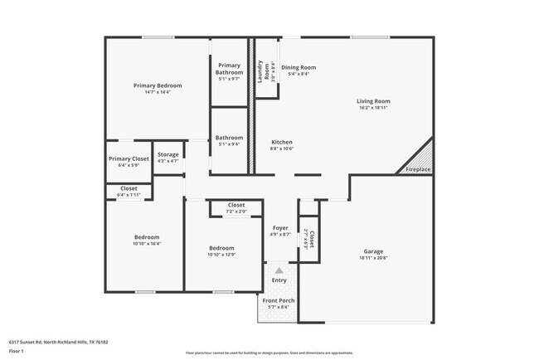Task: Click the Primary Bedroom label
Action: point(158,85)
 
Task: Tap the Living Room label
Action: point(374,101)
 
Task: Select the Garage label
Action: point(373,251)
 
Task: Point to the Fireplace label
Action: point(418,169)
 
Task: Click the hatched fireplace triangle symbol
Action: point(422,156)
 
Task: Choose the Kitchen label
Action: point(282,142)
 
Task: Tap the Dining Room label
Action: point(299,67)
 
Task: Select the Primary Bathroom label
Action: point(230,69)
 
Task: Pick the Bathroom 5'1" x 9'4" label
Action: point(230,138)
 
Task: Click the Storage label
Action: point(168,155)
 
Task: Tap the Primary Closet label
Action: point(129,158)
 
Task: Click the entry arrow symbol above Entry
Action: point(279,270)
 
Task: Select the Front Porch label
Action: point(279,300)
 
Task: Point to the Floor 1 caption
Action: point(17,352)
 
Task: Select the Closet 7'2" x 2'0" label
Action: point(236,205)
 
